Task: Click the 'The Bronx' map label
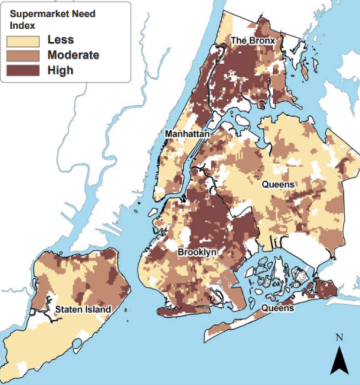(x=252, y=41)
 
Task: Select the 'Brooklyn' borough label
(x=197, y=252)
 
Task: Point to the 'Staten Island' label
(x=83, y=309)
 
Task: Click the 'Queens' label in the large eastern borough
(x=278, y=185)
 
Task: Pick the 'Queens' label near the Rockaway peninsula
(x=277, y=308)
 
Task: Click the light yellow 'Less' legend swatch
(x=23, y=40)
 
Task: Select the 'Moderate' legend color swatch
(x=23, y=55)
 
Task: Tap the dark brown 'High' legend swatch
(x=23, y=71)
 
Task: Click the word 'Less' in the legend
(x=60, y=40)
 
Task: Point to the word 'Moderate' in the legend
(x=73, y=55)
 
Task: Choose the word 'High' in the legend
(x=60, y=71)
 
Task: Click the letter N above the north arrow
(x=340, y=337)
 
